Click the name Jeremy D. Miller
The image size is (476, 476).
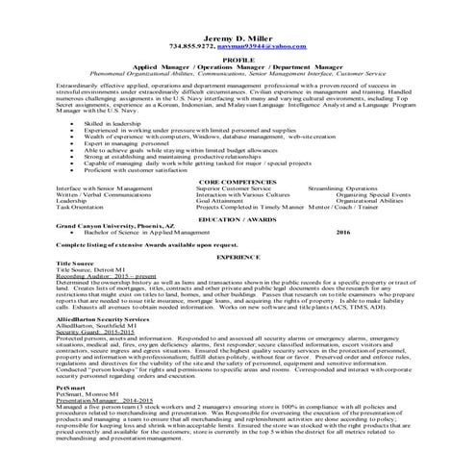click(x=238, y=36)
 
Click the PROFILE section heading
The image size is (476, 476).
click(x=238, y=59)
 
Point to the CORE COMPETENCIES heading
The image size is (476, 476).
click(x=238, y=181)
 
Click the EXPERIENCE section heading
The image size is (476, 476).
click(x=238, y=260)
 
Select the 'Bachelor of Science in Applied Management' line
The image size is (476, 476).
click(x=143, y=232)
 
